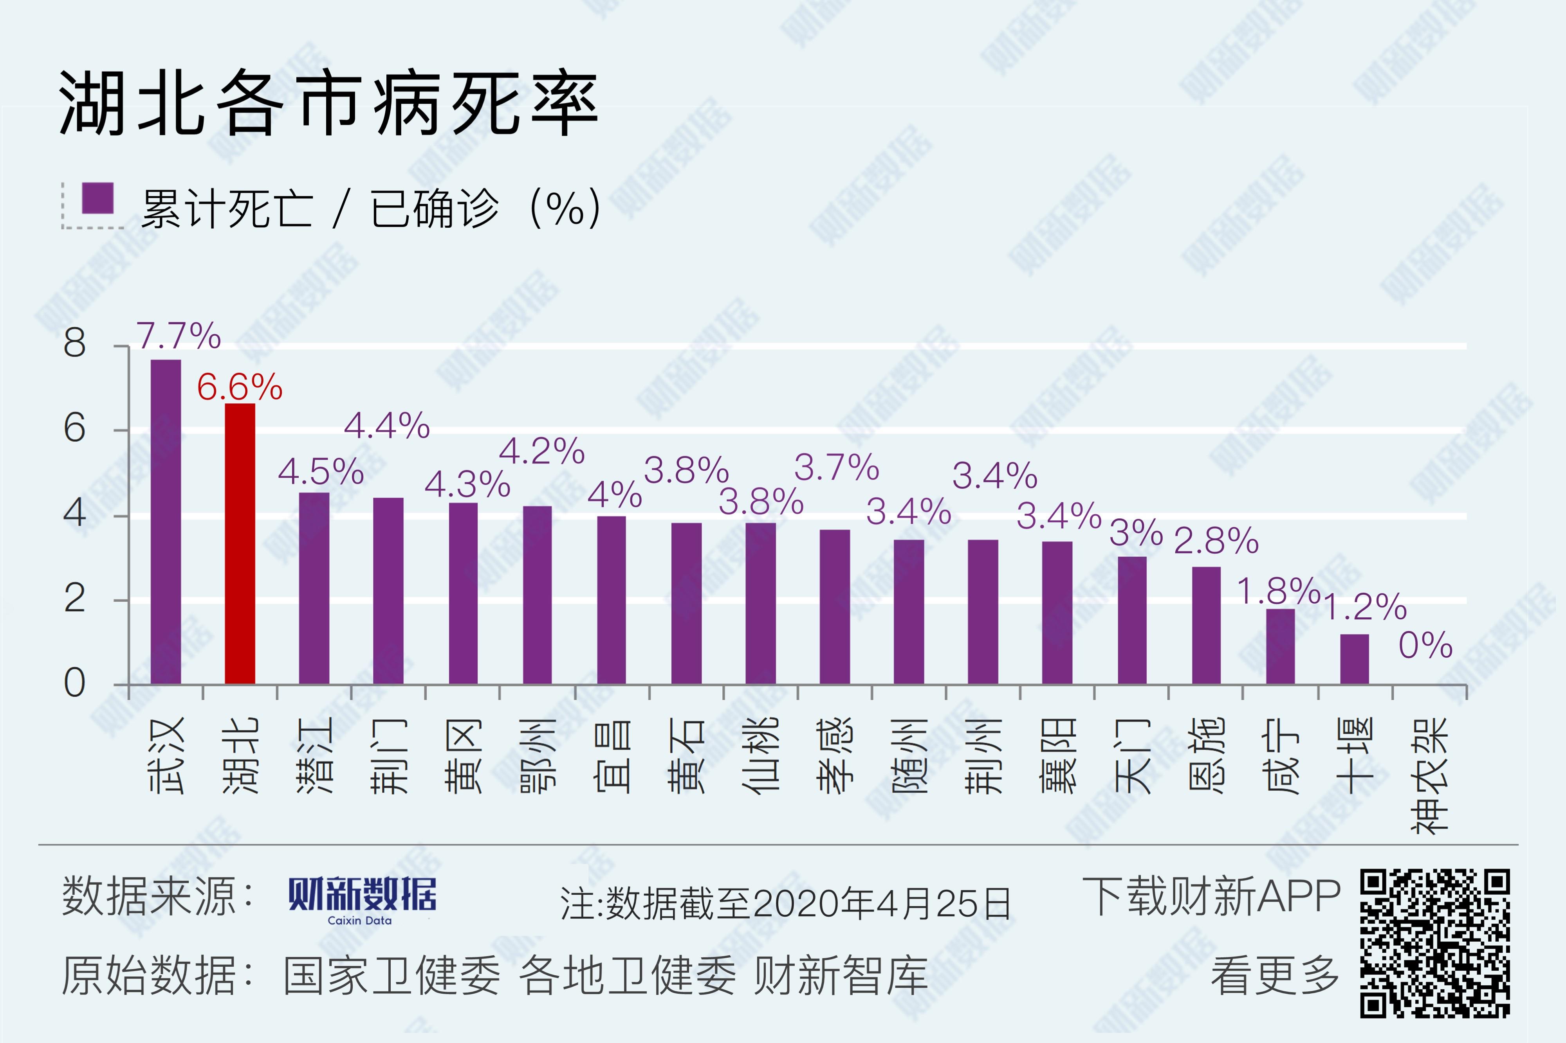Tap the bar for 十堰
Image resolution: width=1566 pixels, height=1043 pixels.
[x=1354, y=658]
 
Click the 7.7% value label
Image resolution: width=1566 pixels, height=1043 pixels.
[x=179, y=336]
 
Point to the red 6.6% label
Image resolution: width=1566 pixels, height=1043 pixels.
[x=240, y=387]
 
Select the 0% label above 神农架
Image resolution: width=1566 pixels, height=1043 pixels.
[x=1425, y=645]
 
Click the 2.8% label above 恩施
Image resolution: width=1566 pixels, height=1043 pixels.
[x=1216, y=540]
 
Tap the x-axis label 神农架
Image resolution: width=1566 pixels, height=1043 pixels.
[x=1429, y=775]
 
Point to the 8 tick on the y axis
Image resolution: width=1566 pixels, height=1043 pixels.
[x=74, y=344]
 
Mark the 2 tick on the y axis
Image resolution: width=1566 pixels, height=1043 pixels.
[x=74, y=599]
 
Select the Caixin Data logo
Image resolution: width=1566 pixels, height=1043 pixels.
[x=362, y=900]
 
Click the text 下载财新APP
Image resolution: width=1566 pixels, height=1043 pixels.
[x=1211, y=897]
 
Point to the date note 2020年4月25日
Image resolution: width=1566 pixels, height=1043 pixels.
[x=882, y=903]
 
